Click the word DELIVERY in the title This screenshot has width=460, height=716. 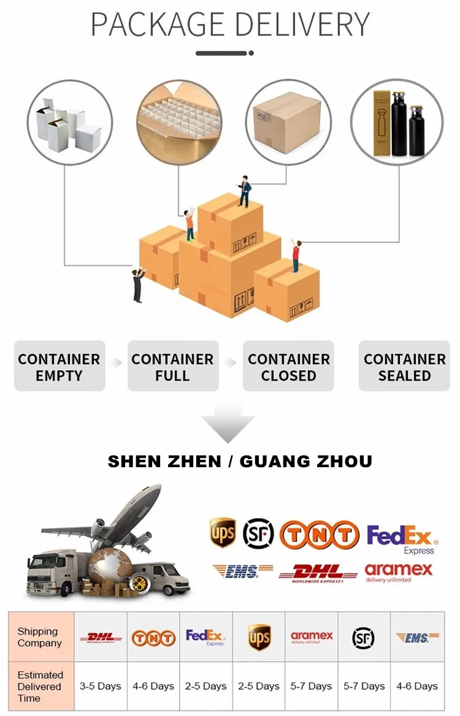pyautogui.click(x=302, y=25)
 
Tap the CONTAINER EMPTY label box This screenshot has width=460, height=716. pyautogui.click(x=59, y=367)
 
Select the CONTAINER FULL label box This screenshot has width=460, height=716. pyautogui.click(x=173, y=367)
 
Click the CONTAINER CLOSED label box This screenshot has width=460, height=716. pyautogui.click(x=288, y=367)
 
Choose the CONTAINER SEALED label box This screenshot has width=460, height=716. pyautogui.click(x=404, y=367)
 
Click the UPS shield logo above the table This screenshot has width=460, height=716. pyautogui.click(x=222, y=532)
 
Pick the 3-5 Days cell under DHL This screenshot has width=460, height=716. pyautogui.click(x=101, y=686)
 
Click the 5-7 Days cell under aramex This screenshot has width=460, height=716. pyautogui.click(x=312, y=686)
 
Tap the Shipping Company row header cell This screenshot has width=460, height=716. pyautogui.click(x=40, y=637)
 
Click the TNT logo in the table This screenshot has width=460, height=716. pyautogui.click(x=153, y=638)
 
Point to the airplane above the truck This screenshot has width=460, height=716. pyautogui.click(x=117, y=521)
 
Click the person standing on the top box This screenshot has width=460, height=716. pyautogui.click(x=244, y=190)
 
